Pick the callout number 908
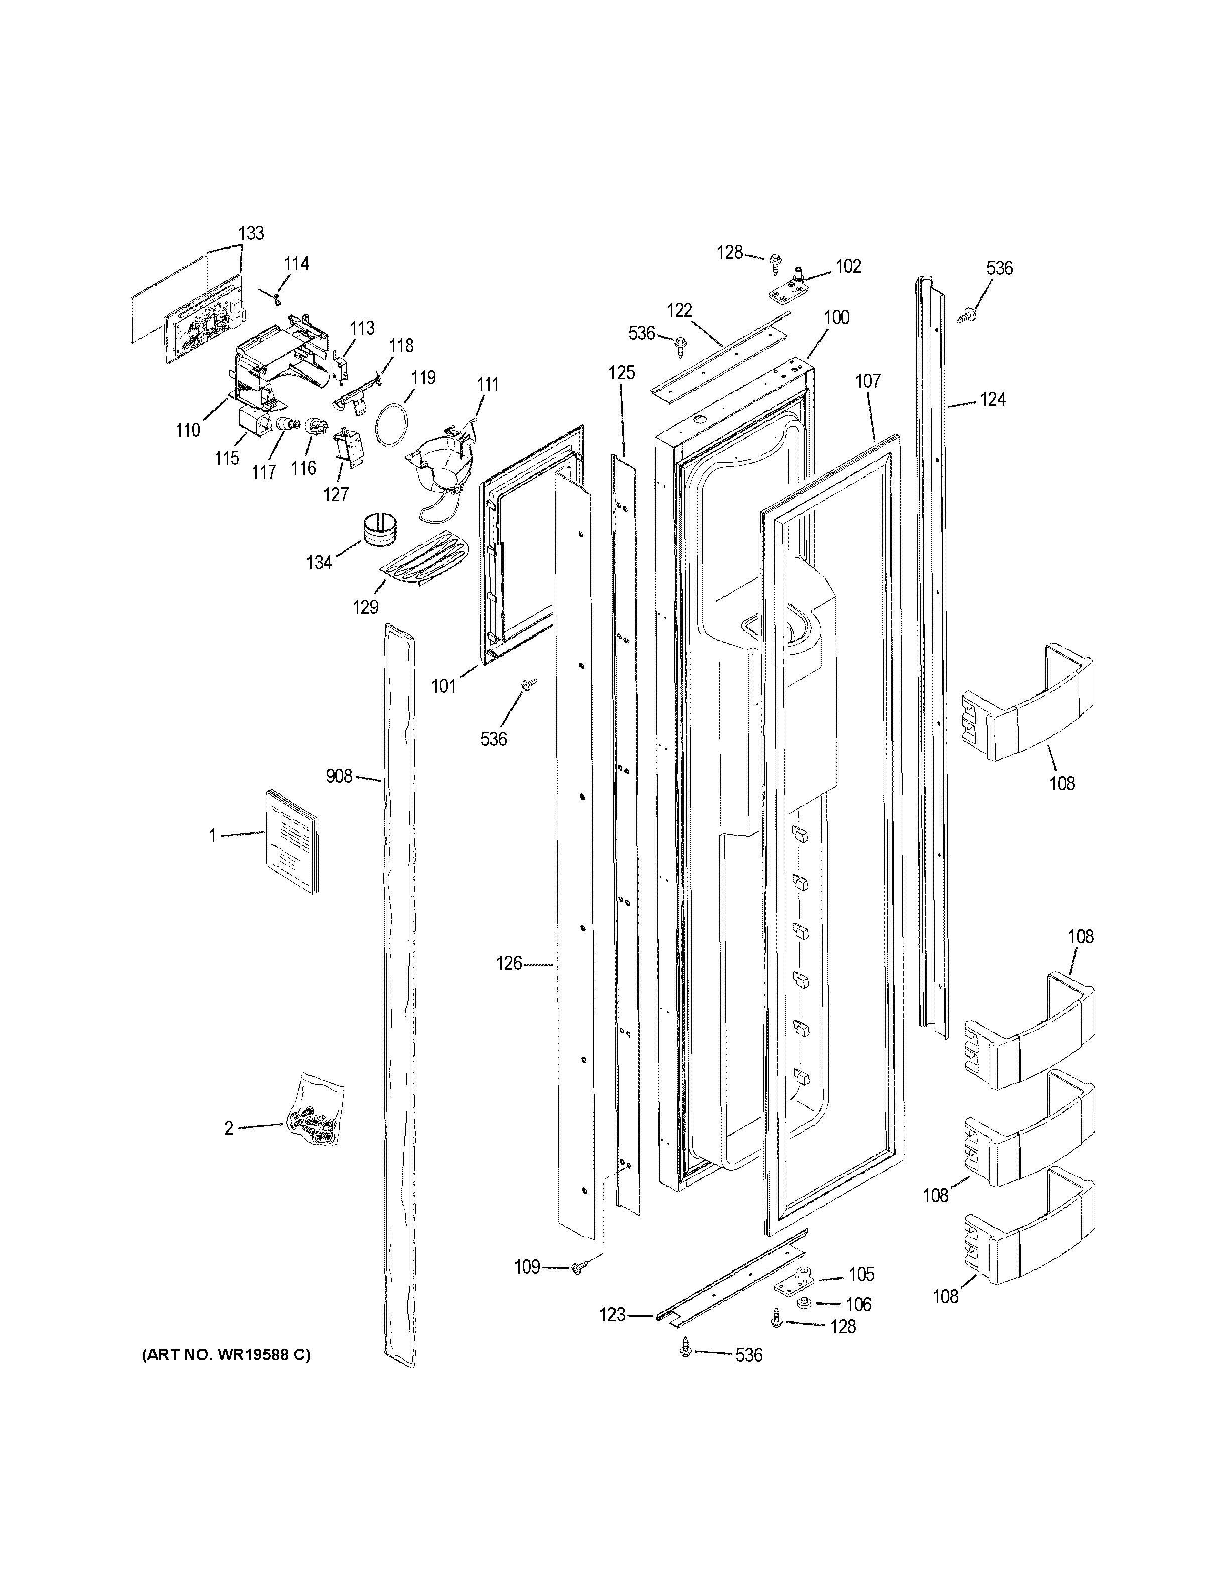pos(339,777)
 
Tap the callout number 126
pos(509,964)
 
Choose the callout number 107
pos(868,381)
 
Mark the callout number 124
pos(992,399)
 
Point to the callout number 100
pos(837,317)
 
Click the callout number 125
pos(622,373)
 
